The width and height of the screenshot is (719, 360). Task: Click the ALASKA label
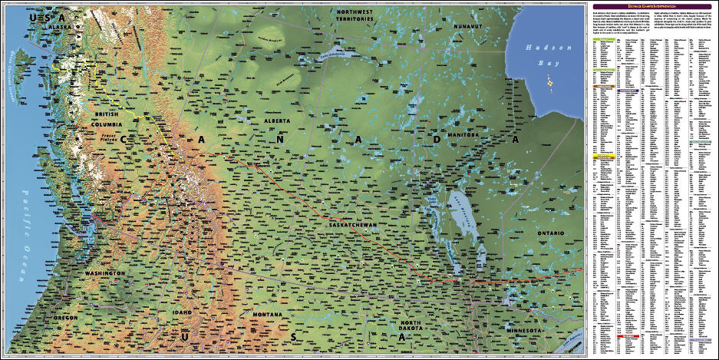(x=60, y=27)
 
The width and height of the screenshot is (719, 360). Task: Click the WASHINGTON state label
(x=105, y=273)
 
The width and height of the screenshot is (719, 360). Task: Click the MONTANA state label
(x=268, y=315)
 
